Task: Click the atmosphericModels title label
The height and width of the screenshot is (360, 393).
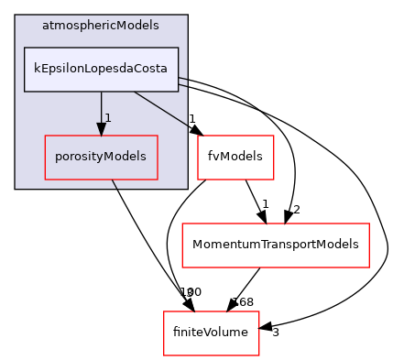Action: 101,26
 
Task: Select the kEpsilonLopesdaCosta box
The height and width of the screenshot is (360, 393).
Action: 101,70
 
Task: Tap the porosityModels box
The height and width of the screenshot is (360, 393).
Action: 101,157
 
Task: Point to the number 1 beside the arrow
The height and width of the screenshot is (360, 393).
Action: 108,118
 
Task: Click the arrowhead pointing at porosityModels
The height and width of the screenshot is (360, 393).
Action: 101,129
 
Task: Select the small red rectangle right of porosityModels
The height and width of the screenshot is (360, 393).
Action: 235,158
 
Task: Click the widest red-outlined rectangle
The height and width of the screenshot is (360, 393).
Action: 275,245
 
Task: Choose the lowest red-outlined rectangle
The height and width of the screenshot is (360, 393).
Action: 211,333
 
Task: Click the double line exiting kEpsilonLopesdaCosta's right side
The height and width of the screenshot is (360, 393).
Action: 183,82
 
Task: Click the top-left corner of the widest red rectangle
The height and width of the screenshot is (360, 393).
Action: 182,224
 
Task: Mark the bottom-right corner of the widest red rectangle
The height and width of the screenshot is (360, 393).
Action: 368,267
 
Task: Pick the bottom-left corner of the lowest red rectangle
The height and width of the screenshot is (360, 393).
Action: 164,355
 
